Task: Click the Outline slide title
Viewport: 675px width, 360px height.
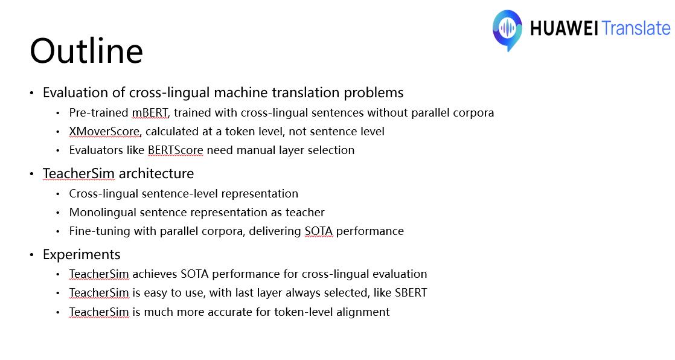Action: click(x=86, y=51)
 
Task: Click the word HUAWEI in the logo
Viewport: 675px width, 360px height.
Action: click(x=564, y=28)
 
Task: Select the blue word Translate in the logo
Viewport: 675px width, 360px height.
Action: click(x=636, y=28)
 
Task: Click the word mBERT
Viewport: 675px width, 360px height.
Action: click(x=150, y=113)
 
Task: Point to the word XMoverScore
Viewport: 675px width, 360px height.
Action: click(x=104, y=131)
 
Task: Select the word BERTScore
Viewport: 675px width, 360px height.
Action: click(x=175, y=150)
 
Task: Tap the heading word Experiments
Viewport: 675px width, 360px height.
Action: click(x=82, y=254)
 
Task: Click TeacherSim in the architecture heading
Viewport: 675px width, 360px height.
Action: click(x=78, y=173)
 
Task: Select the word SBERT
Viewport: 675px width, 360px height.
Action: click(x=411, y=293)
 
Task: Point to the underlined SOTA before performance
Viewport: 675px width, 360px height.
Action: click(x=319, y=231)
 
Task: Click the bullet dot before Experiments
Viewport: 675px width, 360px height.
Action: click(x=32, y=255)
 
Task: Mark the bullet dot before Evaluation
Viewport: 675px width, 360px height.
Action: click(x=32, y=93)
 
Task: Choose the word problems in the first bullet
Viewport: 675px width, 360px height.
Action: click(x=373, y=93)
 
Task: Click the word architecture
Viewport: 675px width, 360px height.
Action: click(x=156, y=173)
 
